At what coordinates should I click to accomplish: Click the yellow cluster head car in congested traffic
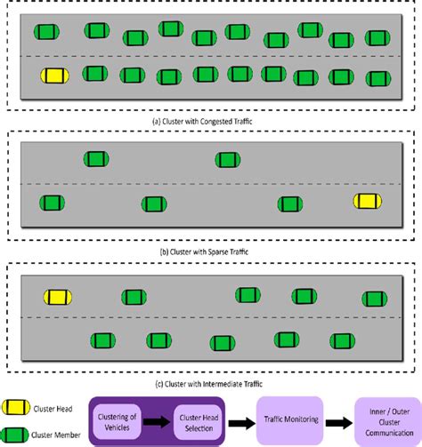(54, 76)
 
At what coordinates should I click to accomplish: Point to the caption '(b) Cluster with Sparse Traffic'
(210, 252)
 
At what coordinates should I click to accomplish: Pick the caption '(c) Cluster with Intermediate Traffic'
(210, 383)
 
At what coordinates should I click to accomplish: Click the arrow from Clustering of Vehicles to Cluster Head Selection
(158, 420)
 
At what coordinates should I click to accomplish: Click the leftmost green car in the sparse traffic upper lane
(96, 159)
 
